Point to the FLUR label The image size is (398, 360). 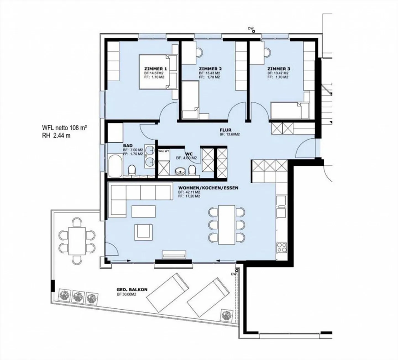pos(226,130)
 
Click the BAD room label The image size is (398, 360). pos(128,146)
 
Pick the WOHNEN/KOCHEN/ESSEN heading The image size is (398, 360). pos(208,188)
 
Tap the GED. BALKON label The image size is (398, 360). pos(132,290)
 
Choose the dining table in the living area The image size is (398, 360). pos(227,225)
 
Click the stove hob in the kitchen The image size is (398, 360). pos(282,247)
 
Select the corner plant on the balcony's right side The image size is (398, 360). pos(227,315)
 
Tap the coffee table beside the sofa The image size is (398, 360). pos(143,212)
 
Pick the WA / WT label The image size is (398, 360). pos(162,151)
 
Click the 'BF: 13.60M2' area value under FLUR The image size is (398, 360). pos(229,135)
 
